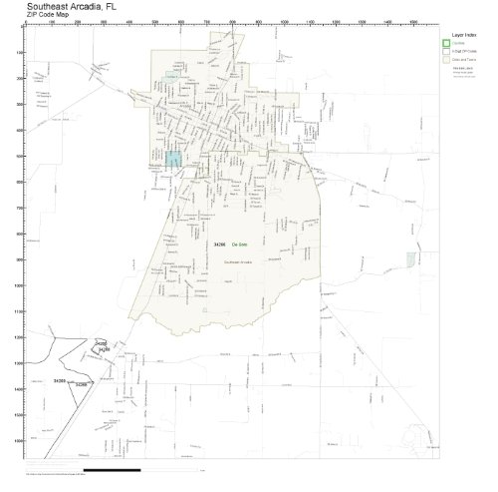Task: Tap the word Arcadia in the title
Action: click(x=101, y=5)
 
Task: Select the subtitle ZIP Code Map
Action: click(x=49, y=15)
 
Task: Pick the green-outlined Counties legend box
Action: click(x=446, y=43)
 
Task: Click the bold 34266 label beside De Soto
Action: click(x=220, y=244)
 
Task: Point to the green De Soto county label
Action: click(x=239, y=244)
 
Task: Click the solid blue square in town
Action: click(x=175, y=159)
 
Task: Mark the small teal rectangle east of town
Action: click(x=410, y=258)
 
